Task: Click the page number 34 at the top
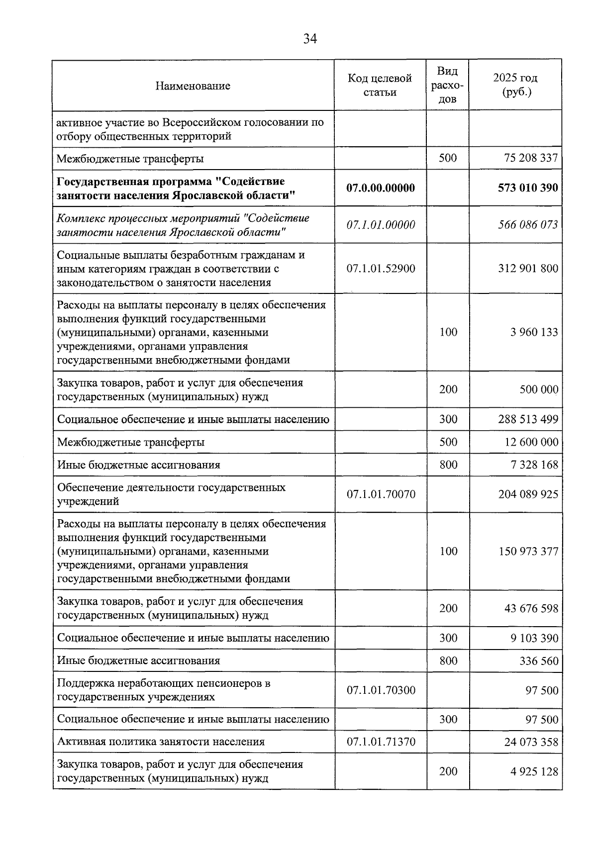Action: [x=310, y=39]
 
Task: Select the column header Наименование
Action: [x=193, y=86]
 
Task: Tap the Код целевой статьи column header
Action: [x=380, y=85]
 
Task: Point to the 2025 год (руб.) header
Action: [x=515, y=85]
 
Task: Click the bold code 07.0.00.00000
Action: [x=381, y=188]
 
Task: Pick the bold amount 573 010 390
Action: [x=528, y=188]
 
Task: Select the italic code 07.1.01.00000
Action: [x=381, y=225]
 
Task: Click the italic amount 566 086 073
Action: [x=528, y=225]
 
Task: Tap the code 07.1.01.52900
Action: [x=381, y=269]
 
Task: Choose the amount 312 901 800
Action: [x=528, y=269]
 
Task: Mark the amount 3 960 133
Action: [x=534, y=332]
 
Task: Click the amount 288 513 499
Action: [x=528, y=419]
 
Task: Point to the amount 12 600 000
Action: [x=531, y=442]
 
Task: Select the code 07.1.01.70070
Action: [x=381, y=494]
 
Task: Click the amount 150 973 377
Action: [x=528, y=552]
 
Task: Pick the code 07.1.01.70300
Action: [x=381, y=690]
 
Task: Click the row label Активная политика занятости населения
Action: [x=161, y=742]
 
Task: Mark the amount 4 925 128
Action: [x=534, y=772]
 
